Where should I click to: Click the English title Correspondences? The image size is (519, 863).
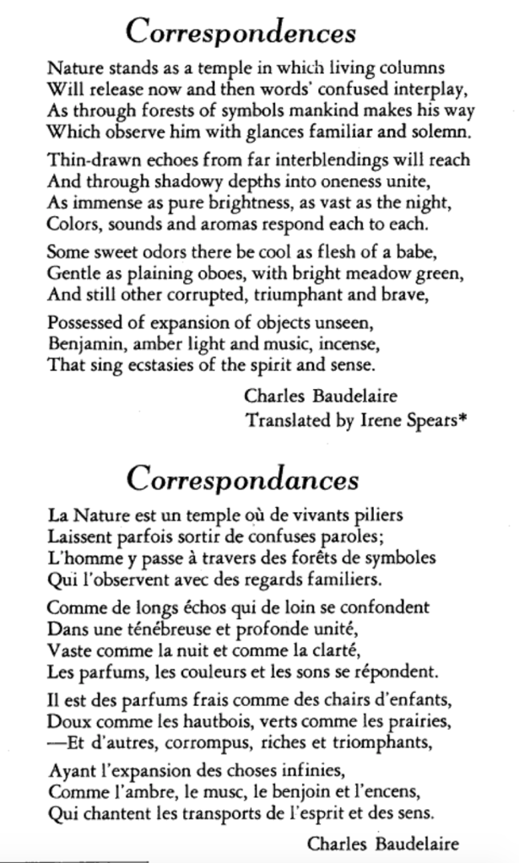[x=241, y=32]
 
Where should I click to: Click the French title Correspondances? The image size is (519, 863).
[x=243, y=478]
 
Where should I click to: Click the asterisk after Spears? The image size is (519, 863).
[x=462, y=418]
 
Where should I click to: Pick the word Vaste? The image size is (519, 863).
[x=68, y=650]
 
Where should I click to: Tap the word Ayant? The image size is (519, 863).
[x=70, y=770]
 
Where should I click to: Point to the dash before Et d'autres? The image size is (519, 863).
[x=55, y=743]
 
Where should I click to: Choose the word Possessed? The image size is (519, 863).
[x=84, y=323]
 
